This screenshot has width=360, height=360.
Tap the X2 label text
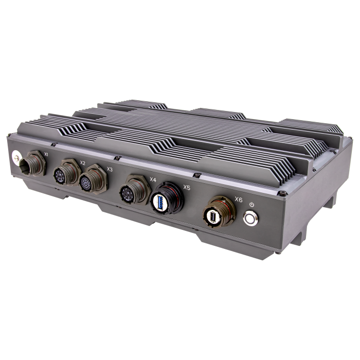point(82,163)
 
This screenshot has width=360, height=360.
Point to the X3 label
point(110,169)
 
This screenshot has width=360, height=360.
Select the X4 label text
point(152,179)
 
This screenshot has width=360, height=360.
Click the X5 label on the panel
point(186,188)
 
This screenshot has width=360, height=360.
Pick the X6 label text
point(238,199)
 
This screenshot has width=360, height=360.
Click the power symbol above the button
point(251,204)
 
